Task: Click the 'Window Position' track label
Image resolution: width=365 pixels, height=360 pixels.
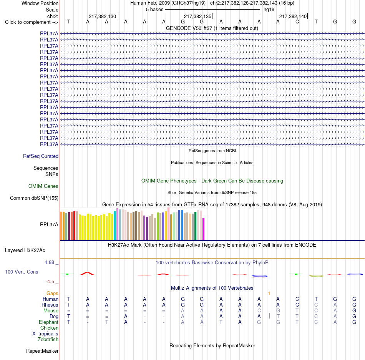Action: pyautogui.click(x=40, y=3)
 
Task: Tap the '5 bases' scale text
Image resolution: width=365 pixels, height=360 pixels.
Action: pyautogui.click(x=154, y=10)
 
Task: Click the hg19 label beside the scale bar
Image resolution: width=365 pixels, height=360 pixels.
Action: pyautogui.click(x=269, y=10)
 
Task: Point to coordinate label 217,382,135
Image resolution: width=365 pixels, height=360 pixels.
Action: pyautogui.click(x=197, y=16)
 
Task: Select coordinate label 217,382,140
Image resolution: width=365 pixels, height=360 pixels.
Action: pyautogui.click(x=293, y=16)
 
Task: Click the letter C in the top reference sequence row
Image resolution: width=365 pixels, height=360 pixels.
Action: pyautogui.click(x=297, y=22)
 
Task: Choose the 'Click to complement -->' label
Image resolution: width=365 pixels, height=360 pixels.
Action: pyautogui.click(x=32, y=22)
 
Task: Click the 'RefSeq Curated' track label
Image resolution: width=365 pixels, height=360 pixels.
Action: pyautogui.click(x=41, y=156)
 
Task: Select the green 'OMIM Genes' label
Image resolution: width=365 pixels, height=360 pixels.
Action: pyautogui.click(x=43, y=186)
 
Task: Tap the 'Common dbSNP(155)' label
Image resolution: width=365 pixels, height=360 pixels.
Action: pyautogui.click(x=34, y=198)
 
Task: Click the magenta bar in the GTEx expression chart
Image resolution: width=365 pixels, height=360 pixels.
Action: pyautogui.click(x=204, y=229)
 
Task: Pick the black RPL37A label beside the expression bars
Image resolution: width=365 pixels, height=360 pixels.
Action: pyautogui.click(x=49, y=224)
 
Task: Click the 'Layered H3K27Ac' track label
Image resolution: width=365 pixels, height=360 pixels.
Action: pyautogui.click(x=25, y=251)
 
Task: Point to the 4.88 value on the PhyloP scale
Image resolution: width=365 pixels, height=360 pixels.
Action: pyautogui.click(x=49, y=262)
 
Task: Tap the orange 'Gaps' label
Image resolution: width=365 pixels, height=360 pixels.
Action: pyautogui.click(x=52, y=294)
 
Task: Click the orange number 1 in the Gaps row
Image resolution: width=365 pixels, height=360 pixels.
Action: pyautogui.click(x=269, y=294)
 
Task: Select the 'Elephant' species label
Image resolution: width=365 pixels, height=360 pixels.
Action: pyautogui.click(x=49, y=322)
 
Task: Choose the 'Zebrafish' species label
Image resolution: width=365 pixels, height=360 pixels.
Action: pyautogui.click(x=48, y=340)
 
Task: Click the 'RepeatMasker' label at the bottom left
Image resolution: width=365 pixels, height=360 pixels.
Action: pyautogui.click(x=42, y=351)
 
